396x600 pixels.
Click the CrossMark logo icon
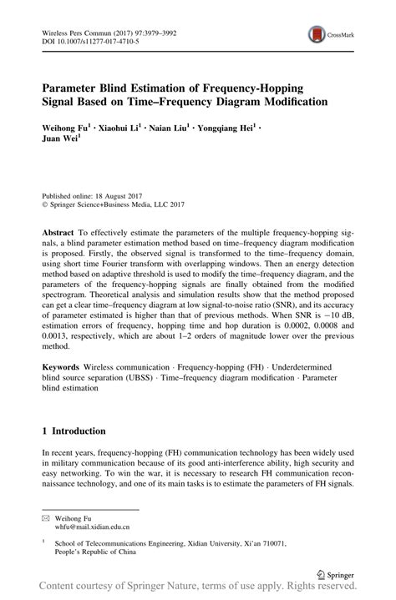319,34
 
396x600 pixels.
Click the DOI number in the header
87,38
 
